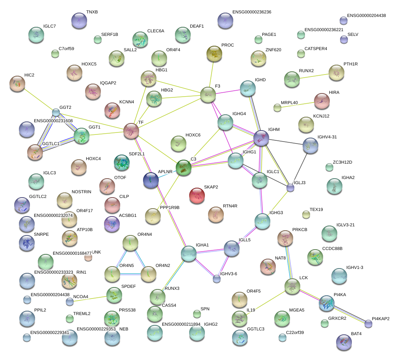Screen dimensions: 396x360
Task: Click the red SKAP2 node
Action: (197, 196)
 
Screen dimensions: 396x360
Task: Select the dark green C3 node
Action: (184, 168)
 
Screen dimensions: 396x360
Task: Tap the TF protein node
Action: (131, 131)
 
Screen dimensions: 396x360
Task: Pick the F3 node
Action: (208, 95)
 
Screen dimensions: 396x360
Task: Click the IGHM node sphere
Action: (261, 138)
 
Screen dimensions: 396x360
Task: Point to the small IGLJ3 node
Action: (290, 188)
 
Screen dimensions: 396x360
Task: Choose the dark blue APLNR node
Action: (151, 180)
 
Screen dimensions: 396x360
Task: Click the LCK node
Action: (292, 286)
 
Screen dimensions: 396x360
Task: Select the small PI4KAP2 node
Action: (368, 324)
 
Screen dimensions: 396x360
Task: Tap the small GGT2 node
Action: (56, 112)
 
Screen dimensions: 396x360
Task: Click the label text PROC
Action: (227, 45)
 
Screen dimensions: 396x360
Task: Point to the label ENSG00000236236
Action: (252, 12)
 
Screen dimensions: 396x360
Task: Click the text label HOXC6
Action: (193, 135)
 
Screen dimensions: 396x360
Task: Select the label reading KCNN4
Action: (126, 102)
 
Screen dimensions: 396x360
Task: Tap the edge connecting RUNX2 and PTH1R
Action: (314, 76)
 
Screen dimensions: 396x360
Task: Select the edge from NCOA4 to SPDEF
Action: (90, 299)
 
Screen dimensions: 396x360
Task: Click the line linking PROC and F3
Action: (211, 74)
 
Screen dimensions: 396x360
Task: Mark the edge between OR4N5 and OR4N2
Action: (130, 274)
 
